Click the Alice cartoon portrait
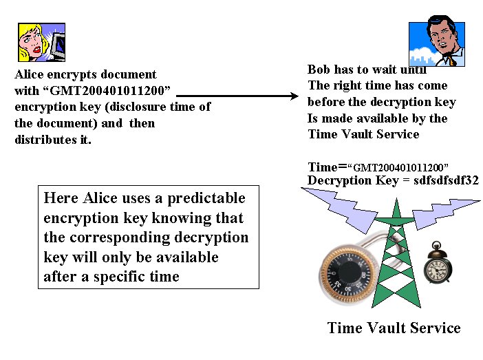(x=41, y=43)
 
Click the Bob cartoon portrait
(x=436, y=43)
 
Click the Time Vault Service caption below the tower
(x=394, y=328)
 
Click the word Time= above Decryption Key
(x=327, y=167)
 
